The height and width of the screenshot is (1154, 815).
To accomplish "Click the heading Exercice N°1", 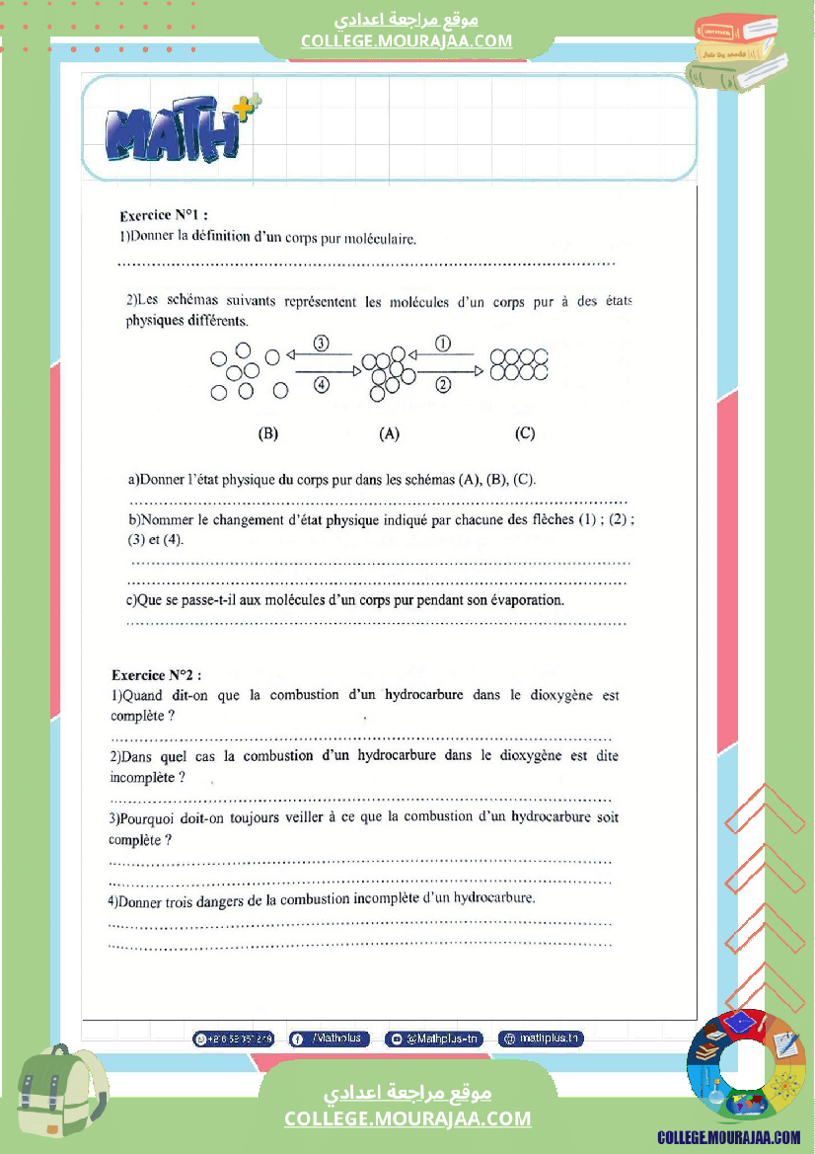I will point(163,215).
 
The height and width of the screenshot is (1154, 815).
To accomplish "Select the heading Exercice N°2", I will point(156,675).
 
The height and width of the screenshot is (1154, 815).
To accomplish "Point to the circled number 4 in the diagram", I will point(321,385).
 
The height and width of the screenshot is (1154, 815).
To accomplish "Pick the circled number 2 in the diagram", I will point(443,385).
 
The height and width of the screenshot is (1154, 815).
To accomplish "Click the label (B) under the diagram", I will point(268,433).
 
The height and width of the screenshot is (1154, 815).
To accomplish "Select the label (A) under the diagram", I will point(389,433).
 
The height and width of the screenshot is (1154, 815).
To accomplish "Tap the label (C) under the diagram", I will point(525,433).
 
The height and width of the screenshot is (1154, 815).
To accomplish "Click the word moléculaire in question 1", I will point(380,239).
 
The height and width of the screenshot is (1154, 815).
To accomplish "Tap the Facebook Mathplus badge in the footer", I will point(330,1039).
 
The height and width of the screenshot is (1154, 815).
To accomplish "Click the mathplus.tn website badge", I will point(541,1039).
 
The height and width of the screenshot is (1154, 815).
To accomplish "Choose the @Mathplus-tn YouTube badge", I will point(434,1039).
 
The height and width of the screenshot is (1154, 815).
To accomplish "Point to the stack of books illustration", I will point(741,54).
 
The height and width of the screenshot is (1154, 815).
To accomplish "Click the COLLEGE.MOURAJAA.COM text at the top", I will point(407,40).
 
